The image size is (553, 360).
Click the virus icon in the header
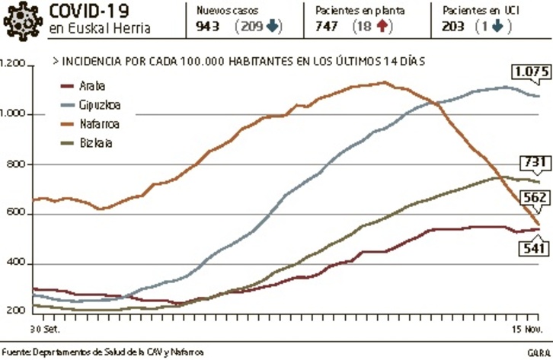[x=21, y=20]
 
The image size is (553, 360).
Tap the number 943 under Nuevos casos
[x=209, y=27]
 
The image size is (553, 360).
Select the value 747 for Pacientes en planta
[x=328, y=27]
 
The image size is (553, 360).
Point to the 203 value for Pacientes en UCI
[x=454, y=27]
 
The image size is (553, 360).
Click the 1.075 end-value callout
[x=531, y=73]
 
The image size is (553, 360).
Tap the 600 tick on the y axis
[x=18, y=214]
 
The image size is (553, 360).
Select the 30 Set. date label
[x=45, y=330]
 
